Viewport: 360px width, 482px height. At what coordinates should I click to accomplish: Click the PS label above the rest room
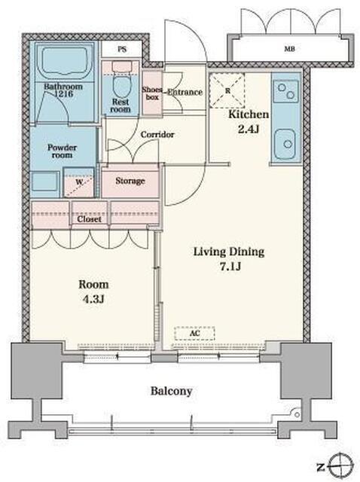point(122,49)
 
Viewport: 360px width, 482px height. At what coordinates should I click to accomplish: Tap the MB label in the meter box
point(289,48)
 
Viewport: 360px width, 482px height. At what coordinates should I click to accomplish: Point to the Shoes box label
point(152,93)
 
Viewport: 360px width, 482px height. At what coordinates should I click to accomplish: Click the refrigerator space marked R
point(227,90)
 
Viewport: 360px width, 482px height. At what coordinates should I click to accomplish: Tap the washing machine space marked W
point(78,182)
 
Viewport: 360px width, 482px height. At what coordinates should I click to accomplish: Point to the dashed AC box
point(194,333)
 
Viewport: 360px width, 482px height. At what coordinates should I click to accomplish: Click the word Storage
point(130,181)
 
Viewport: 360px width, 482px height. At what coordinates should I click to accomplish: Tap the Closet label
point(89,219)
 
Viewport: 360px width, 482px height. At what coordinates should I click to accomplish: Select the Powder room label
point(62,151)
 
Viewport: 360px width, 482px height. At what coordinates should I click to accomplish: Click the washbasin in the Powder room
point(45,181)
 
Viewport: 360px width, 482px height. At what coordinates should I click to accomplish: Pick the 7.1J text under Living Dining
point(230,267)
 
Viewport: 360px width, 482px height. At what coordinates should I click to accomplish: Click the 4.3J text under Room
point(93,299)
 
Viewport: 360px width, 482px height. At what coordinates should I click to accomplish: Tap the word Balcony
point(171,392)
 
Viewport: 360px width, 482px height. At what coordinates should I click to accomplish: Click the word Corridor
point(157,135)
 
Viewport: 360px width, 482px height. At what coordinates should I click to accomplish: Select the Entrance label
point(185,92)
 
